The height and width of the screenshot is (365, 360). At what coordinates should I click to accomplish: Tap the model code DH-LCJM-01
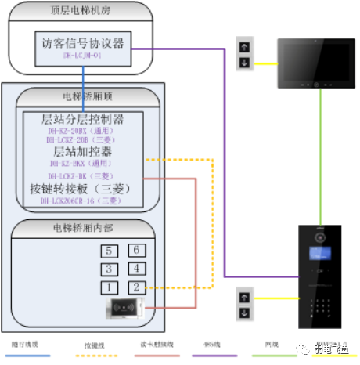coord(83,56)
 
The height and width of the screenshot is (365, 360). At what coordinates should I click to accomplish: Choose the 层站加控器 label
coord(83,151)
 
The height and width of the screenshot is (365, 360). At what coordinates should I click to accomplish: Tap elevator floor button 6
coord(135,251)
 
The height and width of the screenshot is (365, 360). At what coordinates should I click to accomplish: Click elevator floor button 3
coord(110,269)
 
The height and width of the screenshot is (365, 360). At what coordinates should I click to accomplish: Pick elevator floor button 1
coord(110,287)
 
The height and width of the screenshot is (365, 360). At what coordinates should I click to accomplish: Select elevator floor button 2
coord(135,287)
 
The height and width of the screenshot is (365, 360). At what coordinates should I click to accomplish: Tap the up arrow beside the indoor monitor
coord(243,46)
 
